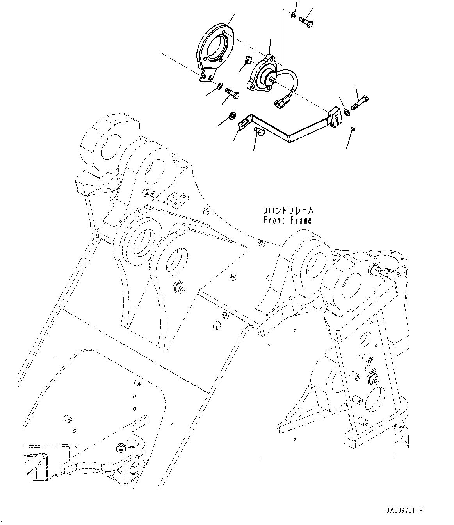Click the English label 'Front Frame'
[x=288, y=220]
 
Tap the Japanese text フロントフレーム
[x=288, y=211]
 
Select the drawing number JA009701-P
[x=404, y=510]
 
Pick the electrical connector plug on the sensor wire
[x=280, y=103]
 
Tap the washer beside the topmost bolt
[x=292, y=15]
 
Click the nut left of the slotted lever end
[x=232, y=115]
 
